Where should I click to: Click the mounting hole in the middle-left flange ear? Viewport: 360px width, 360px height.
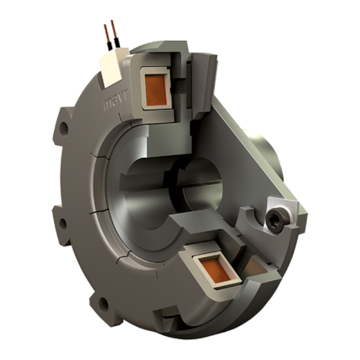coord(63,224)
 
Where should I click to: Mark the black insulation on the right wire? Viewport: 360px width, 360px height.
coord(116,45)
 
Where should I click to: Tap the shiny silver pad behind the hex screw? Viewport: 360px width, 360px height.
coord(283,212)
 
